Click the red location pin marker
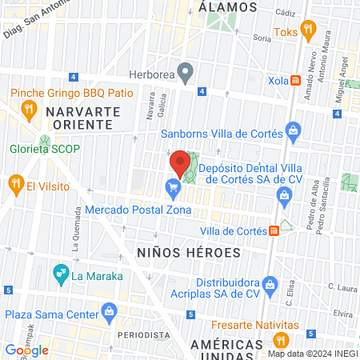pyautogui.click(x=177, y=165)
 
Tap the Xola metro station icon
pyautogui.click(x=296, y=81)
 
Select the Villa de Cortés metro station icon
pyautogui.click(x=274, y=230)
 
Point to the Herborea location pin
pyautogui.click(x=186, y=74)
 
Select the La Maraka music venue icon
pyautogui.click(x=60, y=276)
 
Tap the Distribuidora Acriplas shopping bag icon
pyautogui.click(x=273, y=283)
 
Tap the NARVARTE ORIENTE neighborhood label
pyautogui.click(x=83, y=118)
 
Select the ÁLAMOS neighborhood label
pyautogui.click(x=228, y=6)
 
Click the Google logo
pyautogui.click(x=26, y=350)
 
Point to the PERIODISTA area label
pyautogui.click(x=142, y=334)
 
